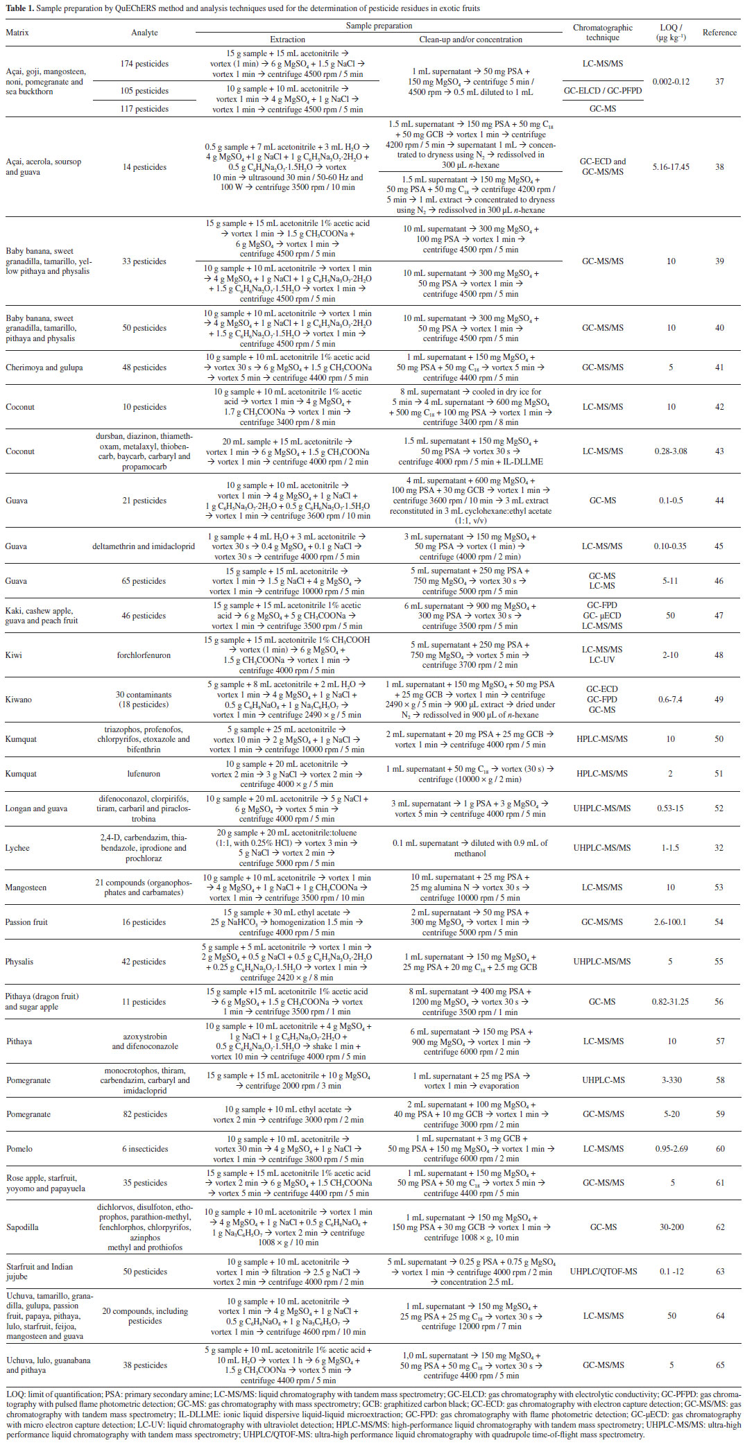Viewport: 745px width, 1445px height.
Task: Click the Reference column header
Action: (719, 33)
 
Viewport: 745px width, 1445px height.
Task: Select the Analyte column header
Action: (144, 33)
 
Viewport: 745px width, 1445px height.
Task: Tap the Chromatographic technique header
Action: (602, 33)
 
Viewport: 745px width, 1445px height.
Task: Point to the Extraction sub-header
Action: (287, 40)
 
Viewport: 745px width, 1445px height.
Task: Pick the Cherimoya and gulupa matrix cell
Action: (44, 367)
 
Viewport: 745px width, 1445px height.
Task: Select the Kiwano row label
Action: (18, 700)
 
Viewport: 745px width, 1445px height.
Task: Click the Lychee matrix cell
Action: (17, 848)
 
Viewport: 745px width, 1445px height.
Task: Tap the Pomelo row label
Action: (19, 1149)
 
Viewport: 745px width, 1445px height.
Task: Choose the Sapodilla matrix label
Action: (22, 1227)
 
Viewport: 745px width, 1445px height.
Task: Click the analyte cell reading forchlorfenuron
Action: (144, 655)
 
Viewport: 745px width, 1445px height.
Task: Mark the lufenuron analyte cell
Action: (144, 774)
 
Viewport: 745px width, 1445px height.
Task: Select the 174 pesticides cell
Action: (144, 64)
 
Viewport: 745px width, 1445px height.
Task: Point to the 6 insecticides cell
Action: (145, 1149)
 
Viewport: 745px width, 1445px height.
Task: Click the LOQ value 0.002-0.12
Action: (671, 82)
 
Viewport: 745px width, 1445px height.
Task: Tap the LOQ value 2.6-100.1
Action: (670, 922)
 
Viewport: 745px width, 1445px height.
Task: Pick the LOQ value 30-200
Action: (671, 1227)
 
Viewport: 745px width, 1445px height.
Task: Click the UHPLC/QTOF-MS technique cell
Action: (603, 1272)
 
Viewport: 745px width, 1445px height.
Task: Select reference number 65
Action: (720, 1365)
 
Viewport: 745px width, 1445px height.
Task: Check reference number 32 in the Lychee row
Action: (719, 848)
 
